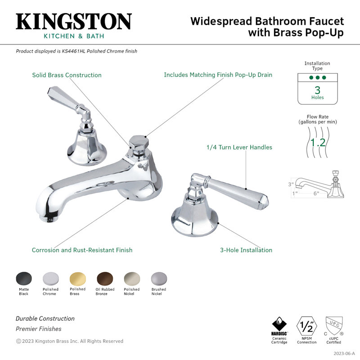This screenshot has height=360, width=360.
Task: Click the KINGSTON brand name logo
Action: point(74,22)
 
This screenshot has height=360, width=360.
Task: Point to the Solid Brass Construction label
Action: point(67,75)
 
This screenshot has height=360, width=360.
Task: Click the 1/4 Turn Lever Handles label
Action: point(239,147)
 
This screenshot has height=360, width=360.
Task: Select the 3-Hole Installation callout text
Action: point(246,250)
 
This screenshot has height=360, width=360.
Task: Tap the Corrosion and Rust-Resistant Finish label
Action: point(82,250)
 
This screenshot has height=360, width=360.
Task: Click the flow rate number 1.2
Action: point(318,143)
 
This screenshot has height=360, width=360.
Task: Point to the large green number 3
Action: point(317,90)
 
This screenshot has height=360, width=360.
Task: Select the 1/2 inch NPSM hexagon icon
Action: point(307,325)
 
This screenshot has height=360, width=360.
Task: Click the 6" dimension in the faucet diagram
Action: point(316,193)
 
